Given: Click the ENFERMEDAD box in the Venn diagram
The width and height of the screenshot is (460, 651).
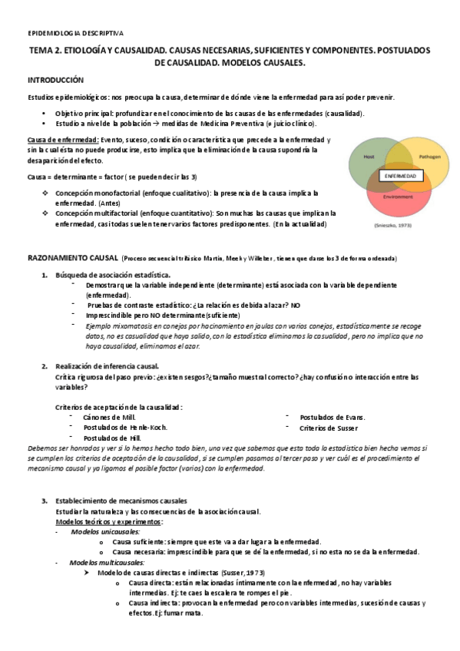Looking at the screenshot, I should pyautogui.click(x=400, y=176).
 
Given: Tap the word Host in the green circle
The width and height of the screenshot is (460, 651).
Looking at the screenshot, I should pyautogui.click(x=369, y=156).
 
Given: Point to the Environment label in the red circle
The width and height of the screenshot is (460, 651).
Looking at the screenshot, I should pyautogui.click(x=398, y=197).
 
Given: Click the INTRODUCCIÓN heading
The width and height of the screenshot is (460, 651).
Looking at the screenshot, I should pyautogui.click(x=56, y=81).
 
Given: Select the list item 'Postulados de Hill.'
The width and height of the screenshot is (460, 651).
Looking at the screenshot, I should pyautogui.click(x=111, y=438).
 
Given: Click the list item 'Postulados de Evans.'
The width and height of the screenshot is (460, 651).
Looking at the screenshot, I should pyautogui.click(x=333, y=417).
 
